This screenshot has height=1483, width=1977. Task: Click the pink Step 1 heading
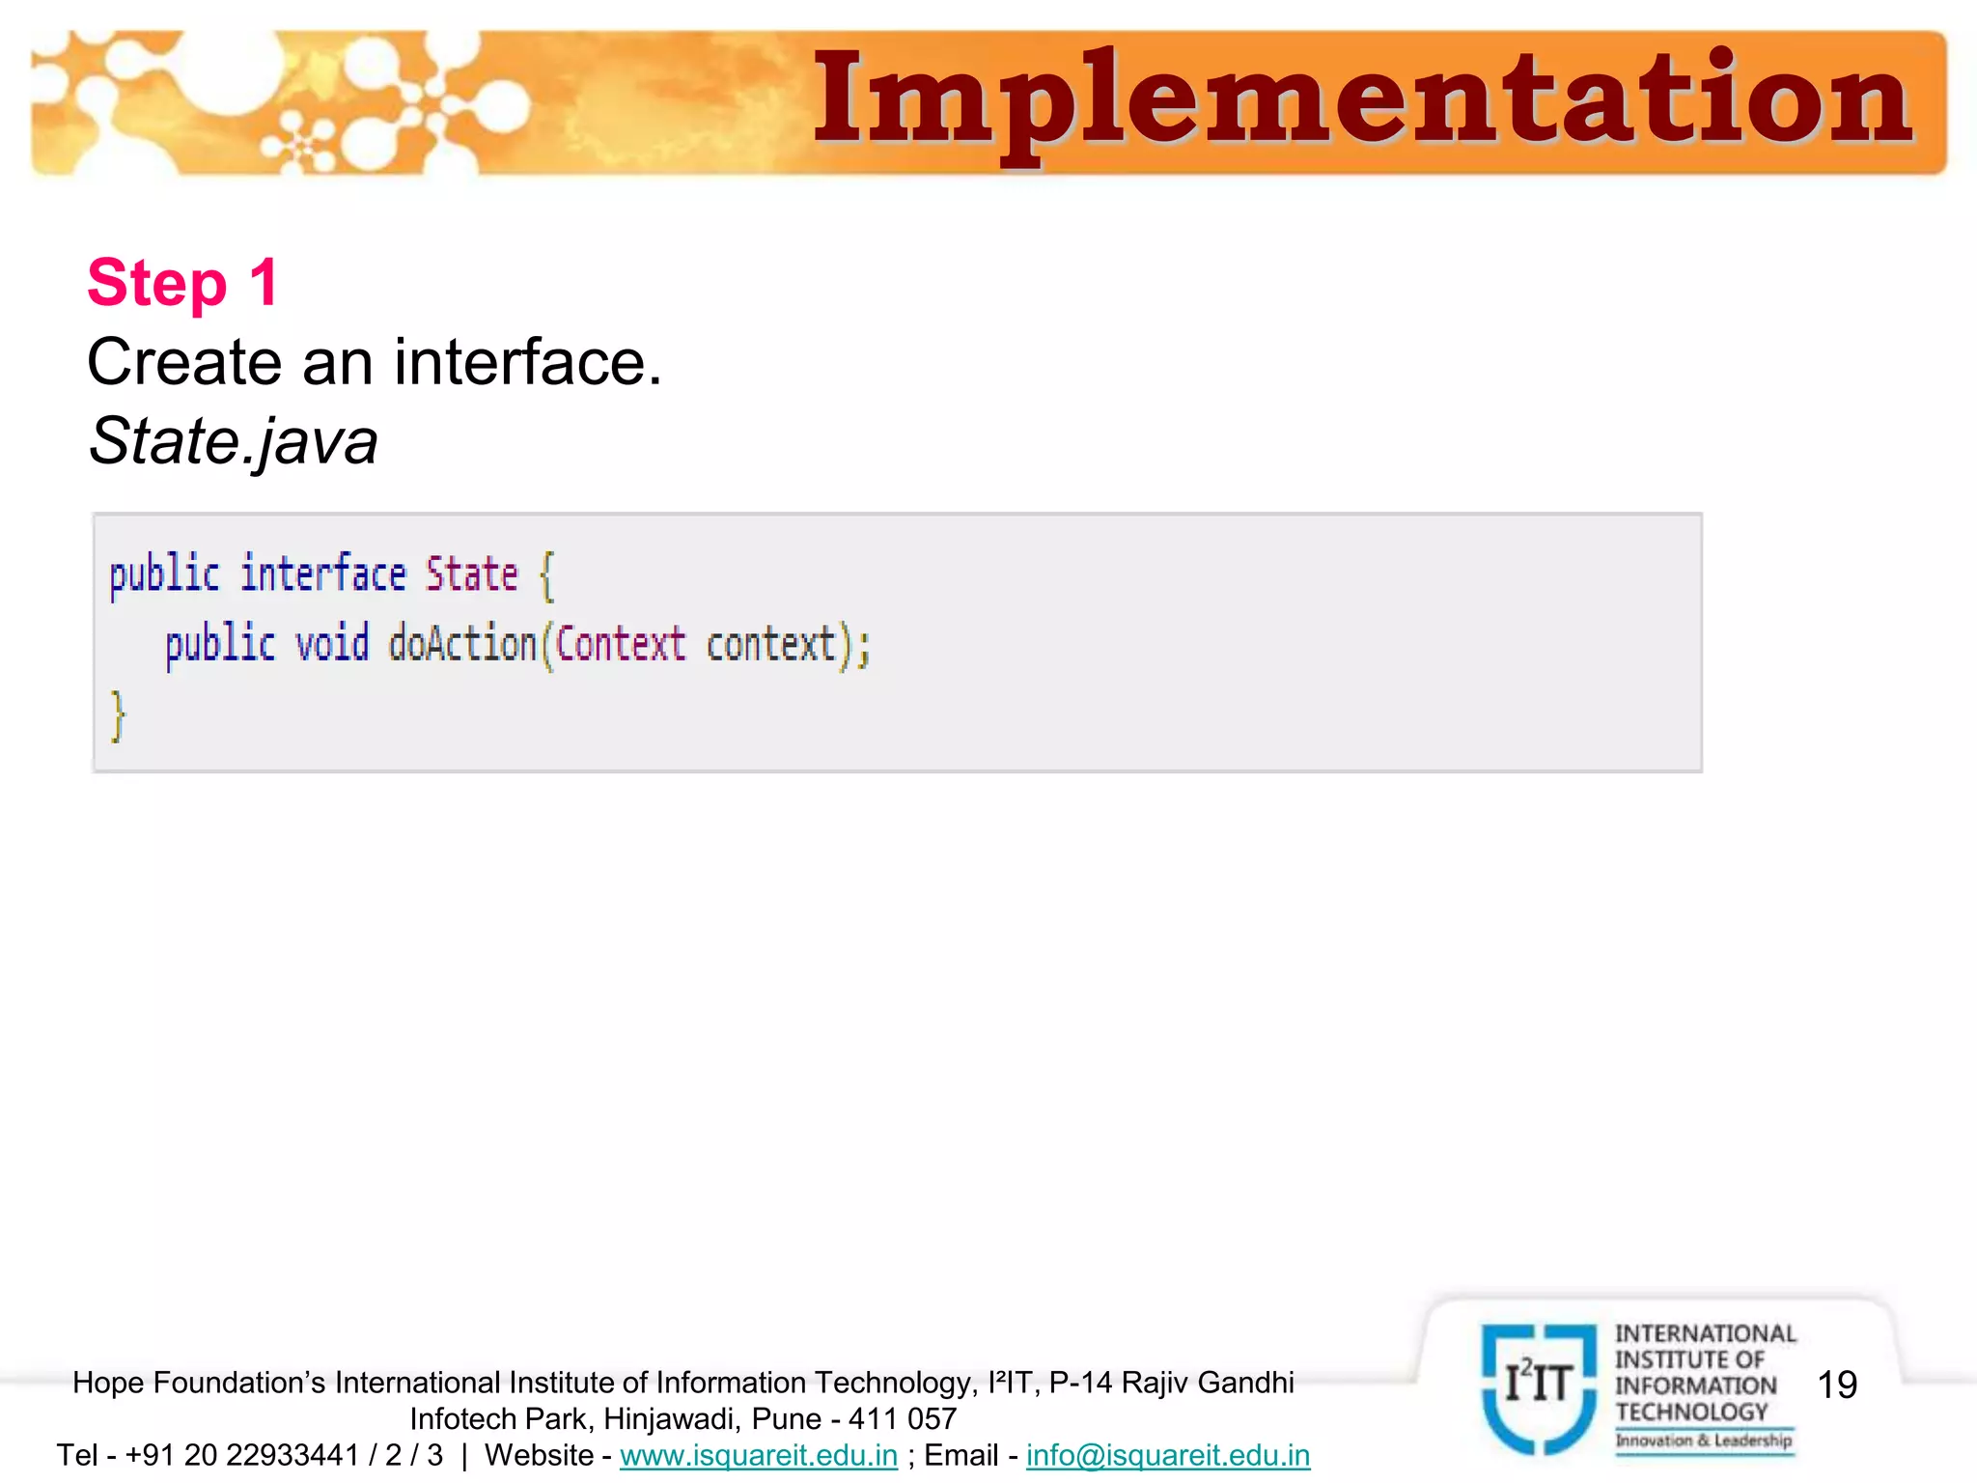(183, 283)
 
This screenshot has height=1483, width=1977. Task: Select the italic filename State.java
(233, 441)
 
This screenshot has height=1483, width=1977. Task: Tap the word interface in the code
(323, 574)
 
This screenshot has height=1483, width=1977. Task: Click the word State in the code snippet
(472, 574)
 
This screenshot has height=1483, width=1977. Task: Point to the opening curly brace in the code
(546, 576)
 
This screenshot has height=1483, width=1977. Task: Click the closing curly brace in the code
(118, 715)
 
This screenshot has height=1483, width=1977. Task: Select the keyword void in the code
(332, 644)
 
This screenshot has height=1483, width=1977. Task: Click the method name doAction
(462, 644)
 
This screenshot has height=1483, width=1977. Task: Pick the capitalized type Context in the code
(621, 644)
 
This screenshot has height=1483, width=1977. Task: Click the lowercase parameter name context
(770, 644)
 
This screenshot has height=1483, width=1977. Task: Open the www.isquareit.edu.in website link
(759, 1455)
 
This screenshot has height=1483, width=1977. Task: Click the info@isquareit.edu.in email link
(1168, 1455)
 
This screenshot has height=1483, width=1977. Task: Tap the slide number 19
(1837, 1385)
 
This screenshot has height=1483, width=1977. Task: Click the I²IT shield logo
(1539, 1386)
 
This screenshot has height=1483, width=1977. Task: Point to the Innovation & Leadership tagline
(1704, 1441)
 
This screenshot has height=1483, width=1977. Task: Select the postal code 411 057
(903, 1419)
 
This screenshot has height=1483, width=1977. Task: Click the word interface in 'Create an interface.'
(528, 362)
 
